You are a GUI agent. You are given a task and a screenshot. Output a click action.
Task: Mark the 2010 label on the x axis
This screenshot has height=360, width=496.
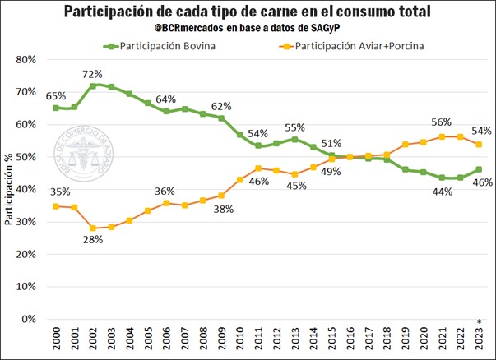point(240,339)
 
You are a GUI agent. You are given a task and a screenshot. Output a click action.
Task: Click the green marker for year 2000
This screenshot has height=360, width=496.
point(56,108)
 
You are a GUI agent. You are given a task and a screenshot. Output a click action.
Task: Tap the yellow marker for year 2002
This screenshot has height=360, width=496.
point(93,228)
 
